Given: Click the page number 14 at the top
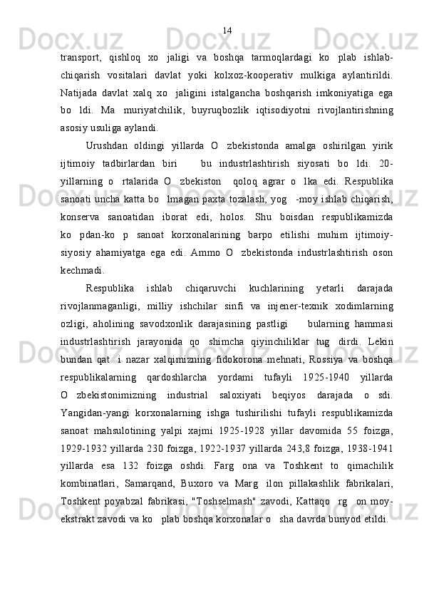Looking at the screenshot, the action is point(227,30).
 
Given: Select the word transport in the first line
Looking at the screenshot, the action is point(82,56).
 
